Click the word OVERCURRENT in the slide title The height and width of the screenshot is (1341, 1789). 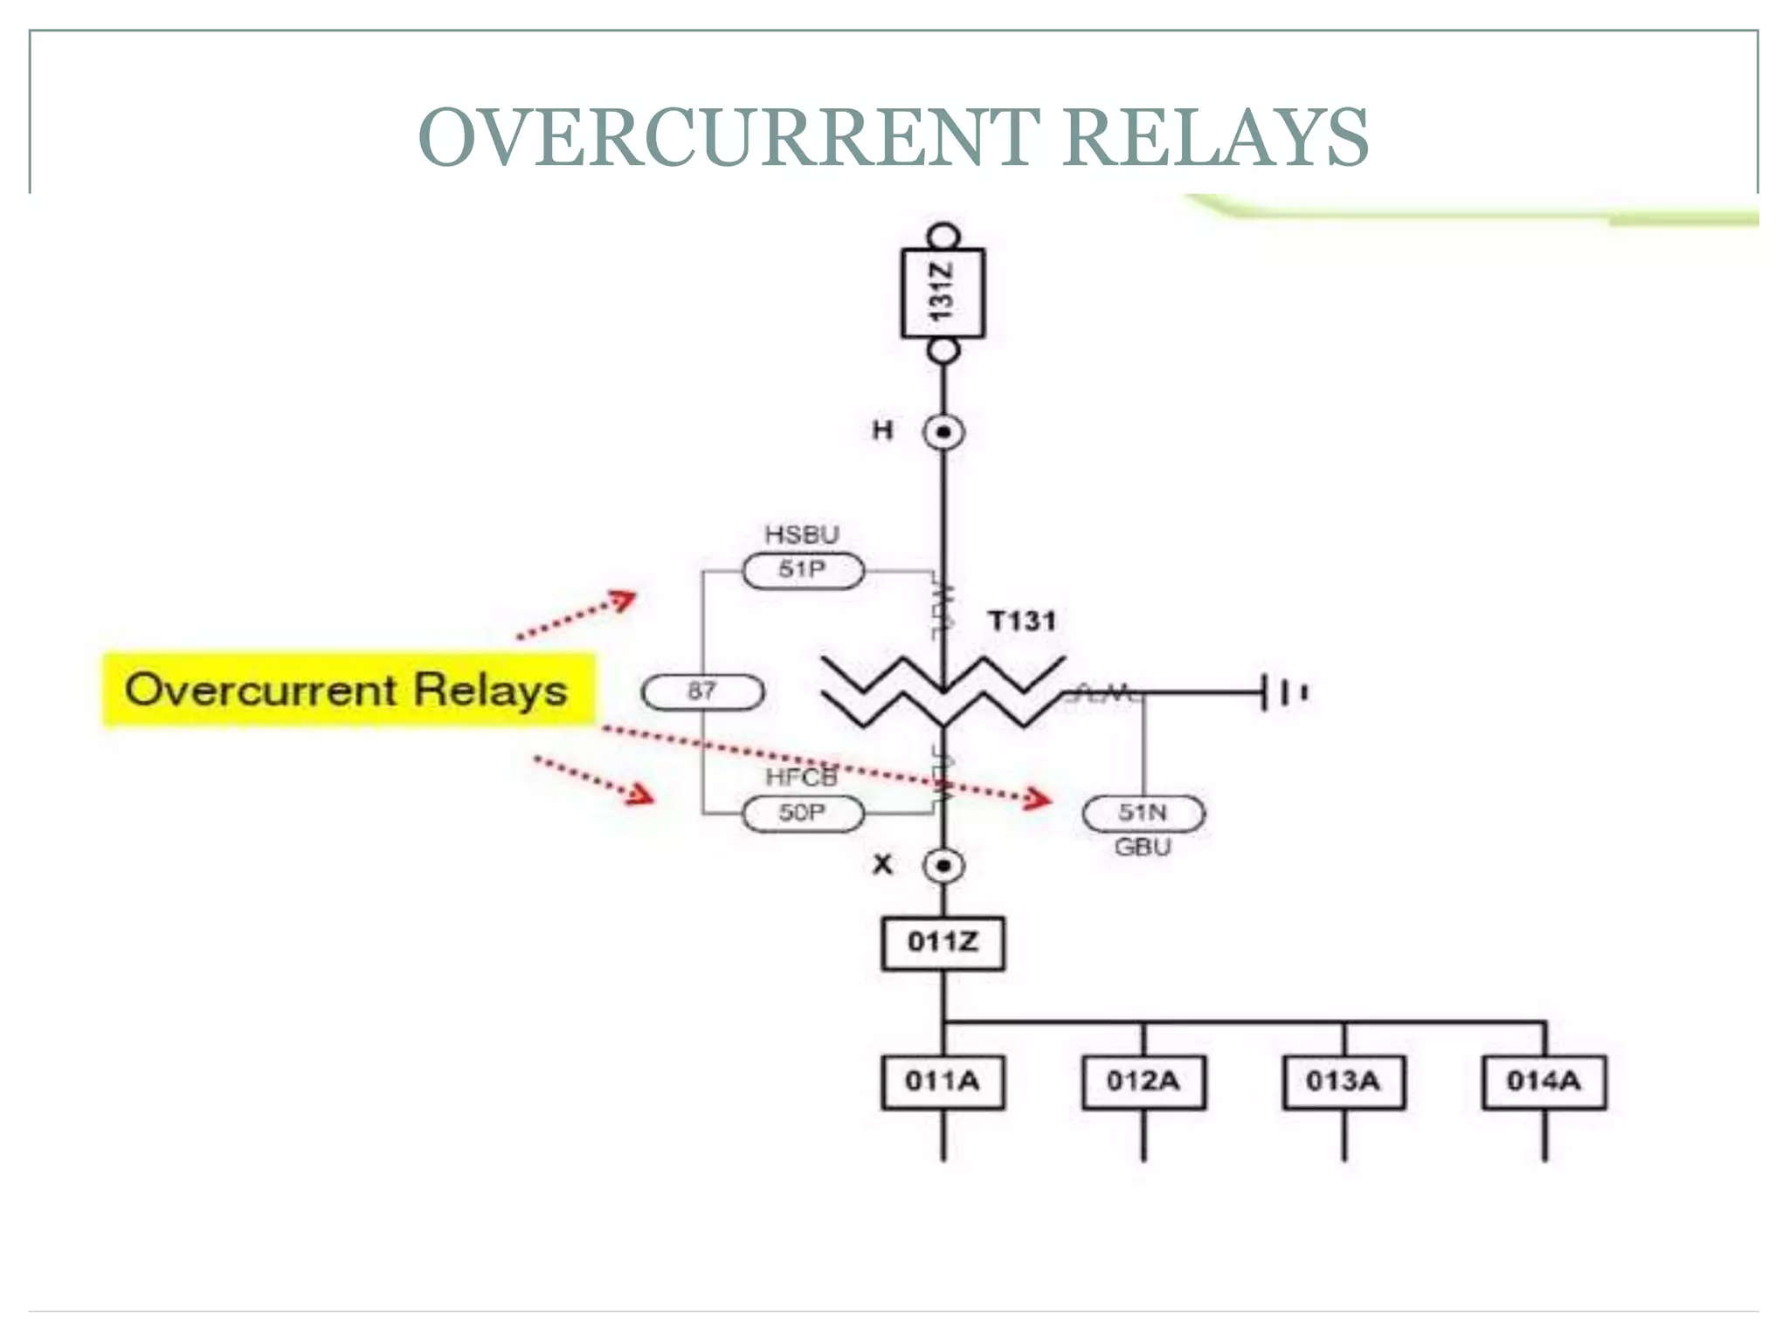[729, 137]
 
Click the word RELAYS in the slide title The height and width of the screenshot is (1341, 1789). [1216, 137]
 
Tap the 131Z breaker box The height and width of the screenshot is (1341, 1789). [943, 292]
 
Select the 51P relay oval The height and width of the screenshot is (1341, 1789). [803, 570]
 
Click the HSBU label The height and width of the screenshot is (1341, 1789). [802, 534]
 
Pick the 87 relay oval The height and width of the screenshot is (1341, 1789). [702, 691]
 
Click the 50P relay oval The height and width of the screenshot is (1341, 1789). [803, 813]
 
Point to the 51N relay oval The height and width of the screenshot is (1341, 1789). [1143, 813]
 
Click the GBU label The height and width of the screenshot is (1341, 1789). [1143, 847]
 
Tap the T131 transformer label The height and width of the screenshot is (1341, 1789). [1022, 621]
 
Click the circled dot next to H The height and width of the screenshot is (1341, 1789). [943, 432]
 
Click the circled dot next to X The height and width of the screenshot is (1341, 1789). [943, 866]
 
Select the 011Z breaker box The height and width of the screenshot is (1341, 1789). [943, 942]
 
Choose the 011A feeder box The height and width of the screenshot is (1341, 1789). [943, 1082]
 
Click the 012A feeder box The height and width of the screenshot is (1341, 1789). [1143, 1082]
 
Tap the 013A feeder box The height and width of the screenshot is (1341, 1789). [1343, 1082]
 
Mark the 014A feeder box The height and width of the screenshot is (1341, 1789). [1544, 1082]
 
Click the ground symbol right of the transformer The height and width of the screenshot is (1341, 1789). [1284, 692]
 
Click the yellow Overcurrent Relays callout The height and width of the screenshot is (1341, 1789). [348, 690]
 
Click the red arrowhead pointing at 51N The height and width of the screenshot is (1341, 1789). [1039, 798]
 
